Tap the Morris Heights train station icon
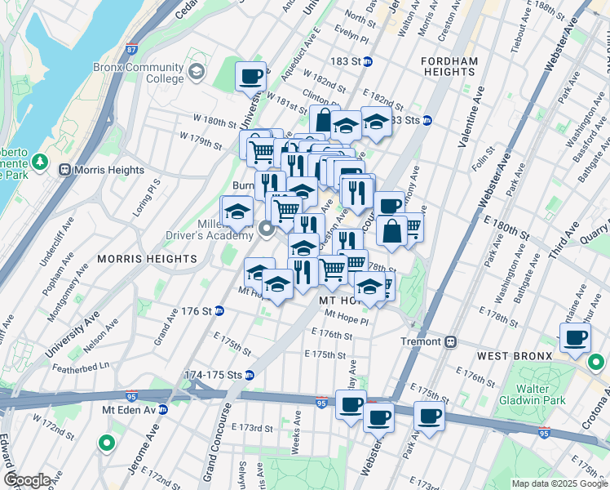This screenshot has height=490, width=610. point(65,170)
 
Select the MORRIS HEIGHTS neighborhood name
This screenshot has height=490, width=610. point(147,259)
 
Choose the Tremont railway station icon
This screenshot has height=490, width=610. point(450,341)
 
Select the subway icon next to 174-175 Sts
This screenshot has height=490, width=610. point(250,375)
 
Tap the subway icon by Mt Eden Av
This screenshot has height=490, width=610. point(161,409)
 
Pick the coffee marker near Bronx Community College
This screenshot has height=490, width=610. point(250,76)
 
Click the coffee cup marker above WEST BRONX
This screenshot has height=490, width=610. point(575,336)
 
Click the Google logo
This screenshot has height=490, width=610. point(27,480)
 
